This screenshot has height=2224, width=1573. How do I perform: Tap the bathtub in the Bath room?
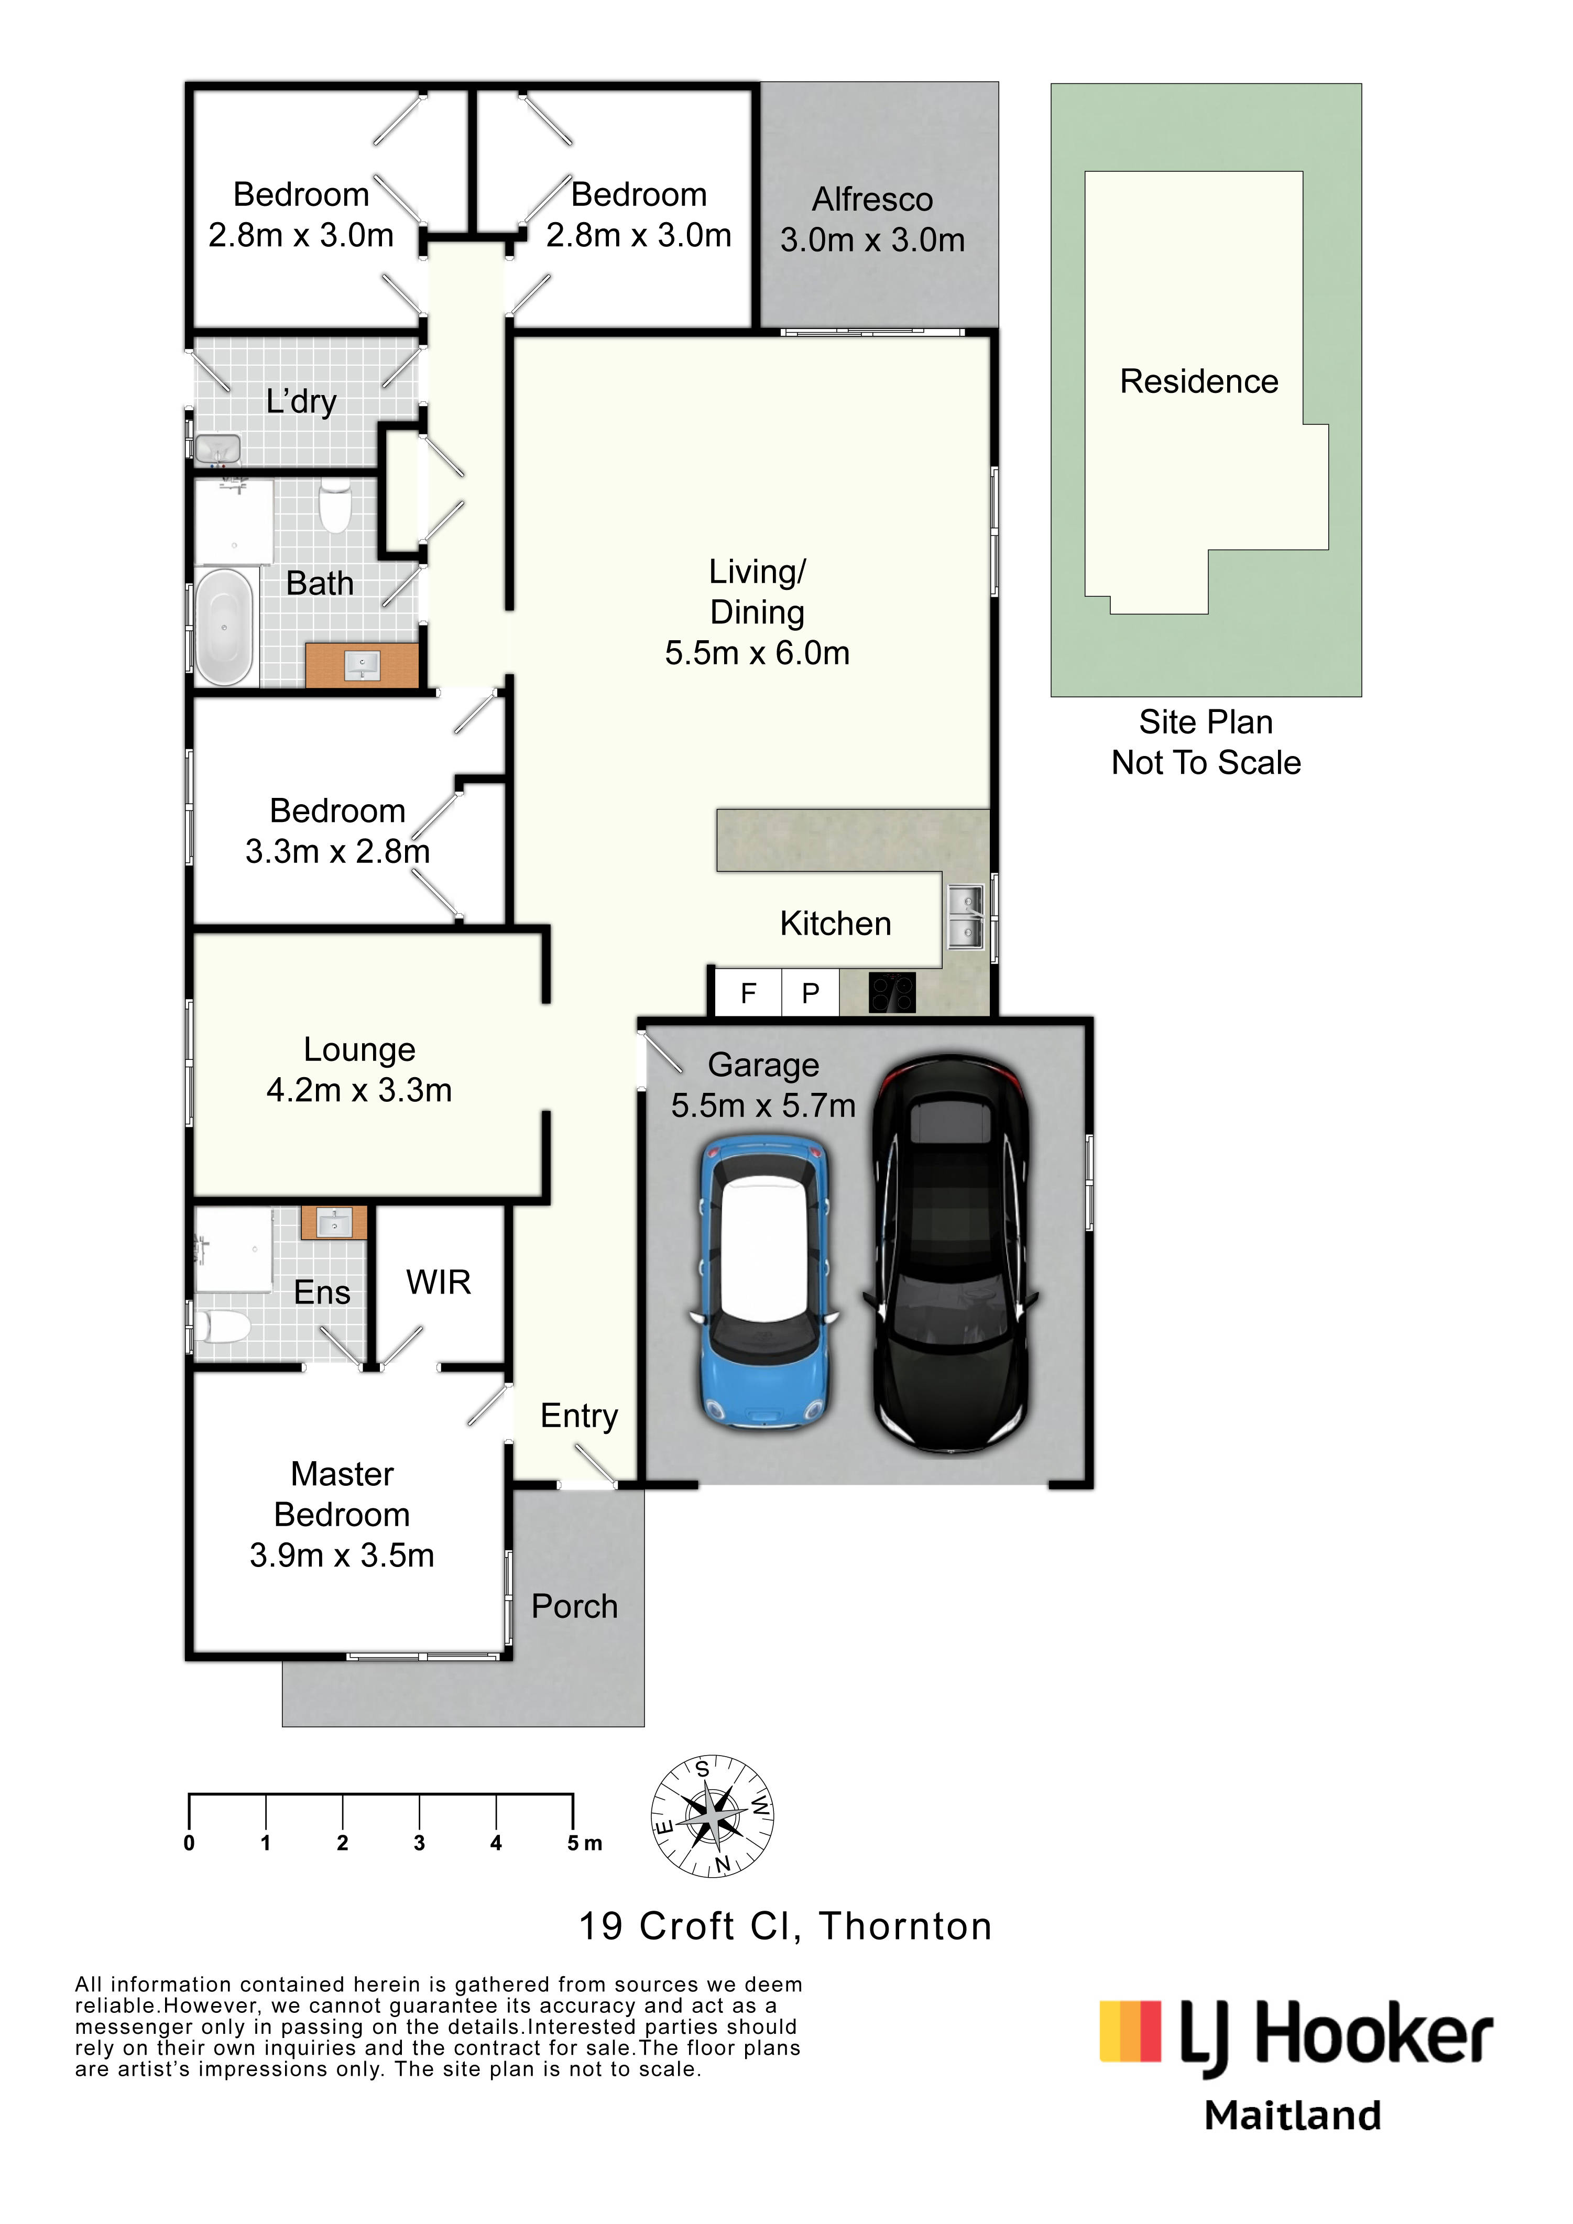225,627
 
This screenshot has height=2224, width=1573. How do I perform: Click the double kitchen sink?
965,917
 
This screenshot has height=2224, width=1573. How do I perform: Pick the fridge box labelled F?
748,993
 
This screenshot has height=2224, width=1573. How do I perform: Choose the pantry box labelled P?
811,993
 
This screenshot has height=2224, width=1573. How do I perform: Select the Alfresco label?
873,200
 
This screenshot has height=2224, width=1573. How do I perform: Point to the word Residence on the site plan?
1199,381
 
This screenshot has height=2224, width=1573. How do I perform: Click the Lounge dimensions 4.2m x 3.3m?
359,1091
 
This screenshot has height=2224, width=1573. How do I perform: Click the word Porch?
574,1606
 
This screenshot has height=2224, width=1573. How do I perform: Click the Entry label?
579,1416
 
